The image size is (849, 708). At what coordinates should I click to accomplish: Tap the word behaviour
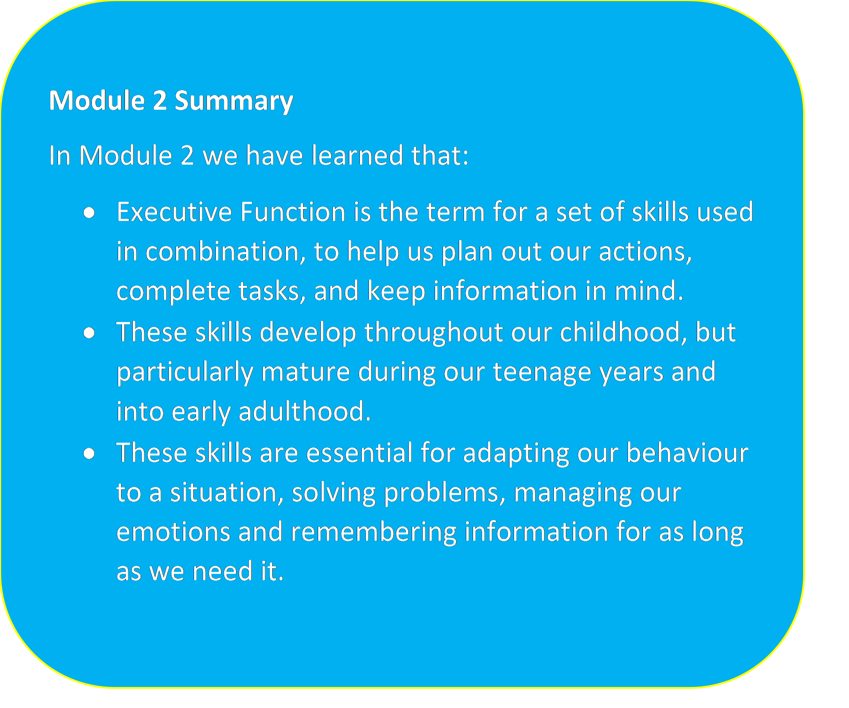pyautogui.click(x=687, y=452)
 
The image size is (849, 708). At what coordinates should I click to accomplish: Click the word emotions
pyautogui.click(x=173, y=532)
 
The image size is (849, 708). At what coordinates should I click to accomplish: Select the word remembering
pyautogui.click(x=374, y=532)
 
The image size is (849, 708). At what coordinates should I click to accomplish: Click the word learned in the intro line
pyautogui.click(x=358, y=155)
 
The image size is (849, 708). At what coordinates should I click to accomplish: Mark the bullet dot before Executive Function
pyautogui.click(x=89, y=213)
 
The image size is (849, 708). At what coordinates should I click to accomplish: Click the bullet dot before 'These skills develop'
pyautogui.click(x=89, y=333)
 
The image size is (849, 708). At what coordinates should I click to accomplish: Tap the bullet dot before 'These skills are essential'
pyautogui.click(x=89, y=454)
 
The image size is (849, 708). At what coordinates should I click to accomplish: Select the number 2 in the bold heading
pyautogui.click(x=160, y=101)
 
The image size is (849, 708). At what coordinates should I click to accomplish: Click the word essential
pyautogui.click(x=359, y=452)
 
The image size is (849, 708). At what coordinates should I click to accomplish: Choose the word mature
pyautogui.click(x=305, y=372)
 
